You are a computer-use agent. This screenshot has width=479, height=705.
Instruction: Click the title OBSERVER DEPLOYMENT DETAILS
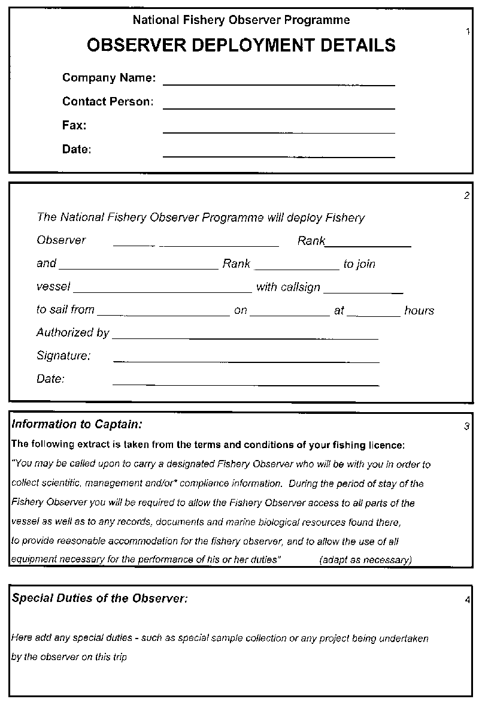(241, 46)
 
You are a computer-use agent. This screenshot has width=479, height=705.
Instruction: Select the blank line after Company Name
(278, 84)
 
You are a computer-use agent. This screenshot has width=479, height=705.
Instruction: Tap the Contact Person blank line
(278, 108)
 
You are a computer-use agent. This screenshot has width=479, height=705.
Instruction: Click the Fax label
(74, 125)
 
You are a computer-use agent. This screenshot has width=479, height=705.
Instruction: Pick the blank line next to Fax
(278, 132)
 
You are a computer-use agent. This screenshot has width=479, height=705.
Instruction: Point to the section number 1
(467, 32)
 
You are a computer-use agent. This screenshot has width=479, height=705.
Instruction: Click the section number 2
(467, 195)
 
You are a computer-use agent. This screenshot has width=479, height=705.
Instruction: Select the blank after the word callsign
(363, 292)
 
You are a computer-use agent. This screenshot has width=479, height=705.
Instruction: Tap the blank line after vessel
(162, 292)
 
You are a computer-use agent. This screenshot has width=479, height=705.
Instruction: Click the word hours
(419, 310)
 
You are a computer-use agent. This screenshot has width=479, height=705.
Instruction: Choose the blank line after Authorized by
(245, 338)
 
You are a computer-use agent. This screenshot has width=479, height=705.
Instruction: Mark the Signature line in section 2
(246, 361)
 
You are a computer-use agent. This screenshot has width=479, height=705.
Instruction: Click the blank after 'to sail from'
(163, 315)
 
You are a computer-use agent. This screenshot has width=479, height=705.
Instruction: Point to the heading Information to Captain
(77, 425)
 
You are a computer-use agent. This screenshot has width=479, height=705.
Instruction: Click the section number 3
(467, 426)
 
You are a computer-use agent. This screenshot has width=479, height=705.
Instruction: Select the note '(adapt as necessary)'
(366, 560)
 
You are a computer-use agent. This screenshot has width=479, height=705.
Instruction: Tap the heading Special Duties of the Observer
(100, 598)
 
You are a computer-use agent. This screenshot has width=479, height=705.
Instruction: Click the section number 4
(467, 600)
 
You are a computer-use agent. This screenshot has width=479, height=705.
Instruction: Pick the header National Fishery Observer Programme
(241, 20)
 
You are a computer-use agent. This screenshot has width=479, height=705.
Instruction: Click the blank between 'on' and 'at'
(290, 315)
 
